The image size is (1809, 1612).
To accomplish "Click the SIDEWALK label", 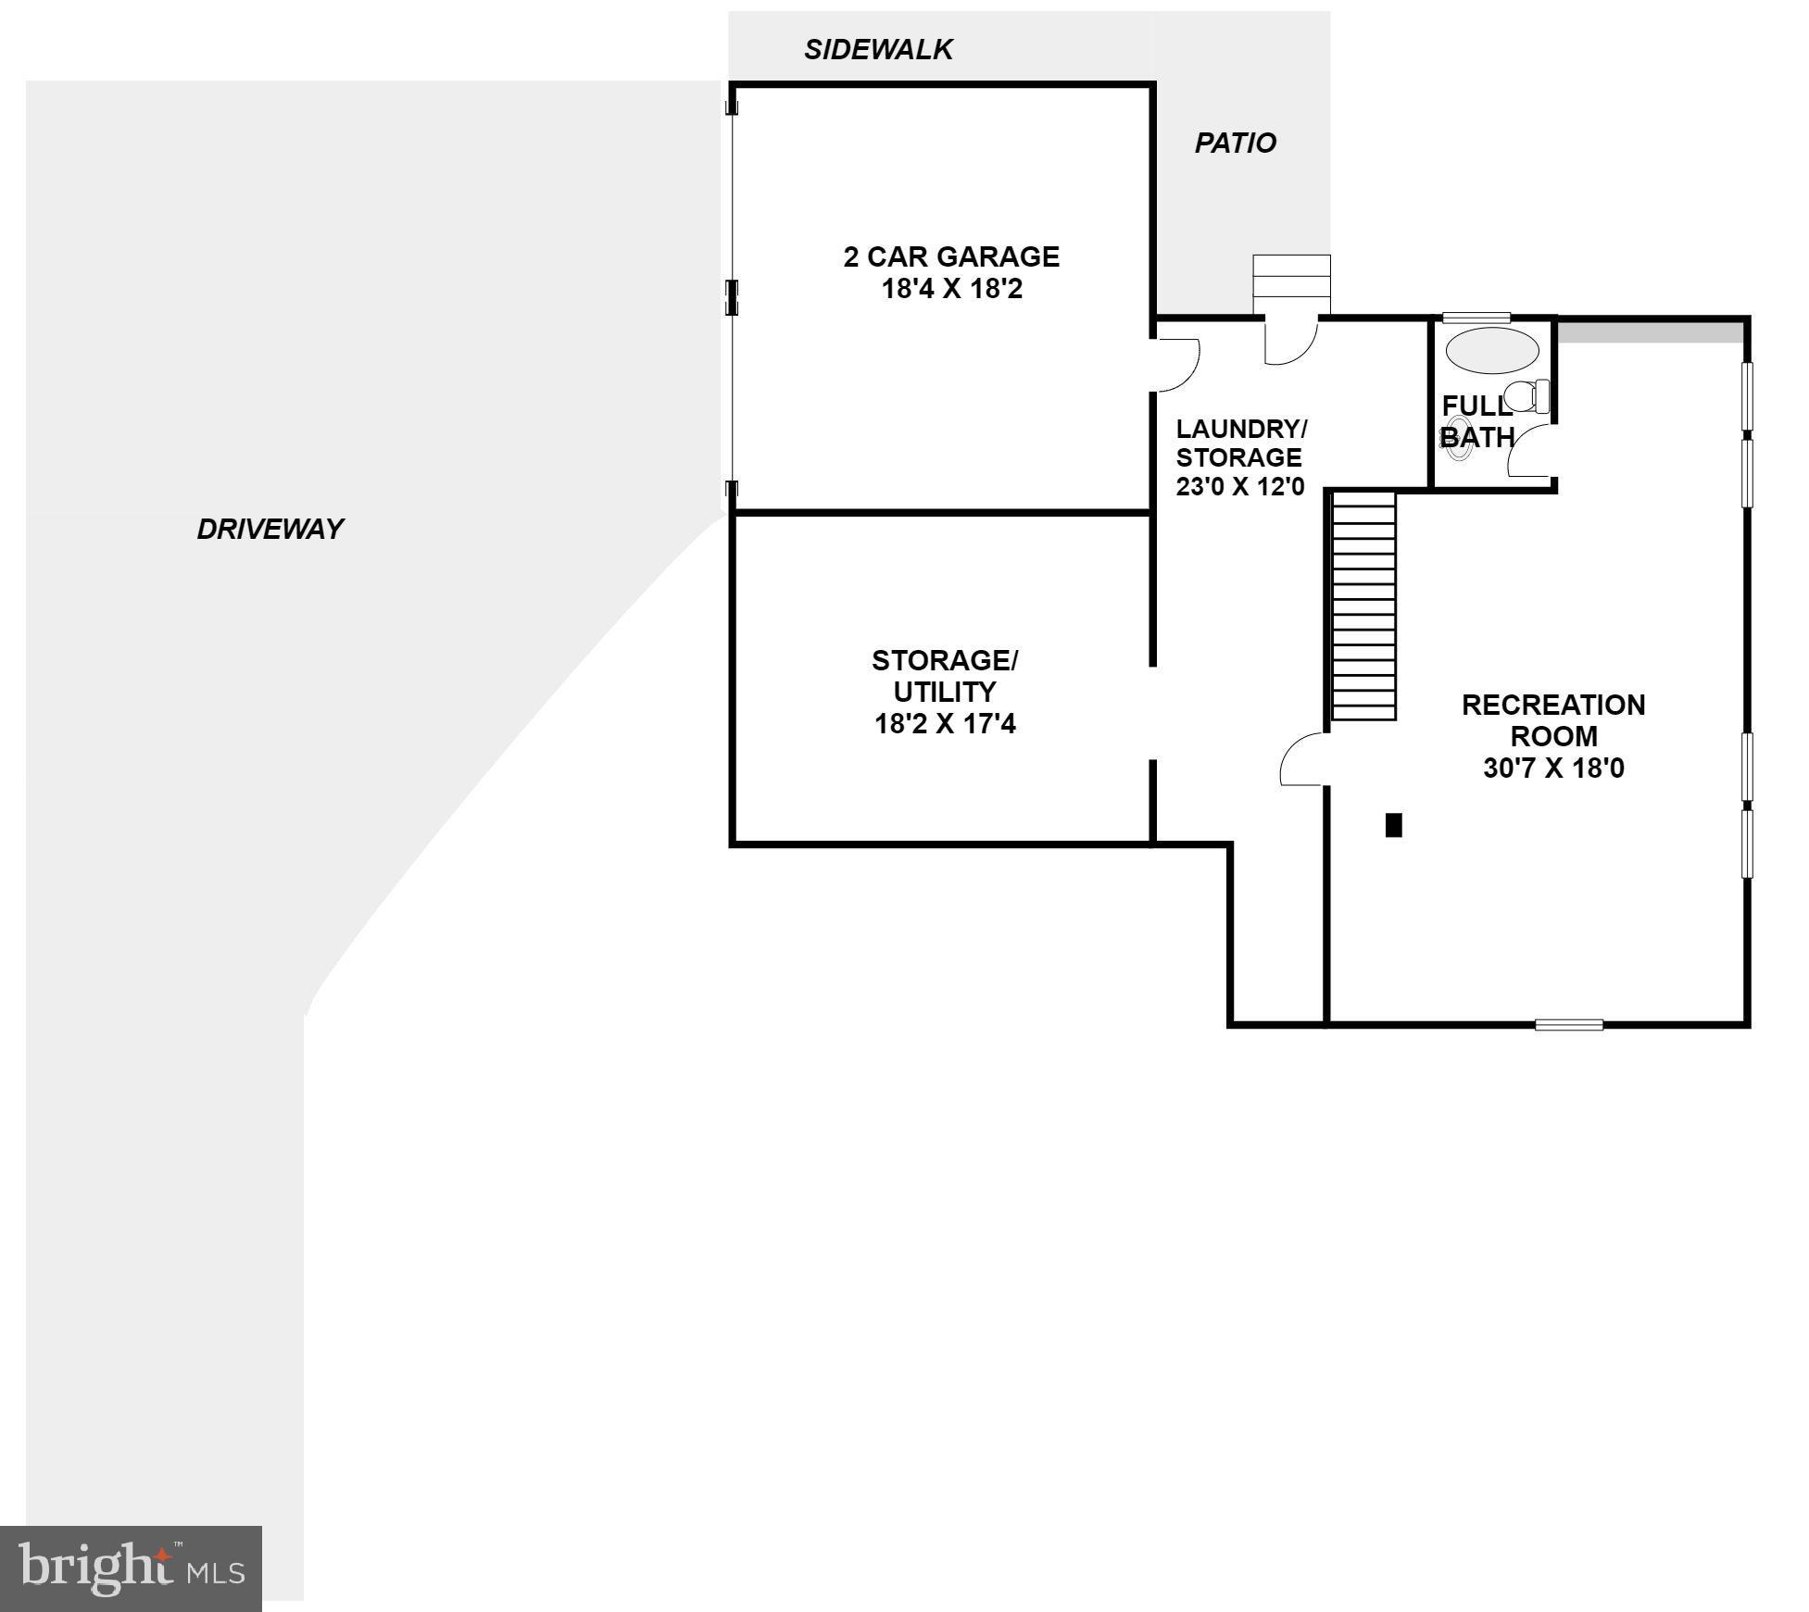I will coord(877,50).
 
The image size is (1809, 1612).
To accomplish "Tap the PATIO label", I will coord(1235,143).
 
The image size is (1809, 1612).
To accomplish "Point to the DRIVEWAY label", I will coord(270,529).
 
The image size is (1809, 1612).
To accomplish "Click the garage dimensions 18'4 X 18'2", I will coord(951,289).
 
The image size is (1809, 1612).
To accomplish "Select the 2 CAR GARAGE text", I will coord(951,256).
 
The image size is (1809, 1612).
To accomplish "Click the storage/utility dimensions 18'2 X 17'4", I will coord(945,723).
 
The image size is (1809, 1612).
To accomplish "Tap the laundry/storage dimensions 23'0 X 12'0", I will coord(1239,486).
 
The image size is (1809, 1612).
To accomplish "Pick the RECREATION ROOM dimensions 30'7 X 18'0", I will coord(1553,768).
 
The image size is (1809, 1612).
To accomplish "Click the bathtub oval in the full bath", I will coord(1492,350).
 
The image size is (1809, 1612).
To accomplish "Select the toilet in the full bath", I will coord(1526,396).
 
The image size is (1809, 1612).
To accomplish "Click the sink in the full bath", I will coord(1458,437).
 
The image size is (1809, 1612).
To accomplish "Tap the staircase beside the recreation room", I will coord(1363,606).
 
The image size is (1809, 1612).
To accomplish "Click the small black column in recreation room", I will coord(1393,824).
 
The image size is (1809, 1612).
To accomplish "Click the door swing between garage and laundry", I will coord(1176,363).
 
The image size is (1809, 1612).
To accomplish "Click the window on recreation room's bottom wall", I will coord(1568,1024).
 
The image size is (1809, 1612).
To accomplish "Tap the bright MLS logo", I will coord(131,1568).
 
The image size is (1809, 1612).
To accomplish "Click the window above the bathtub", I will coord(1476,318).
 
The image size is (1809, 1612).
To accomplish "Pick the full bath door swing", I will coord(1531,450).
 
